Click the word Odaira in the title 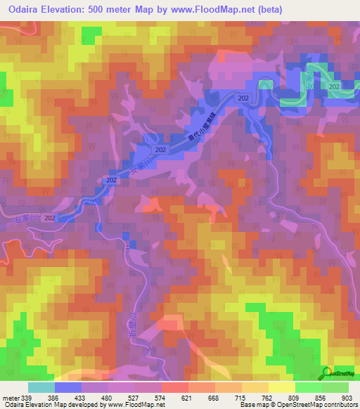pos(21,8)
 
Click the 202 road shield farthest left pos(49,219)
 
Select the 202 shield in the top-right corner pos(334,86)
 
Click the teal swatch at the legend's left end pos(41,387)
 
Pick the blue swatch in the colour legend pos(68,387)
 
